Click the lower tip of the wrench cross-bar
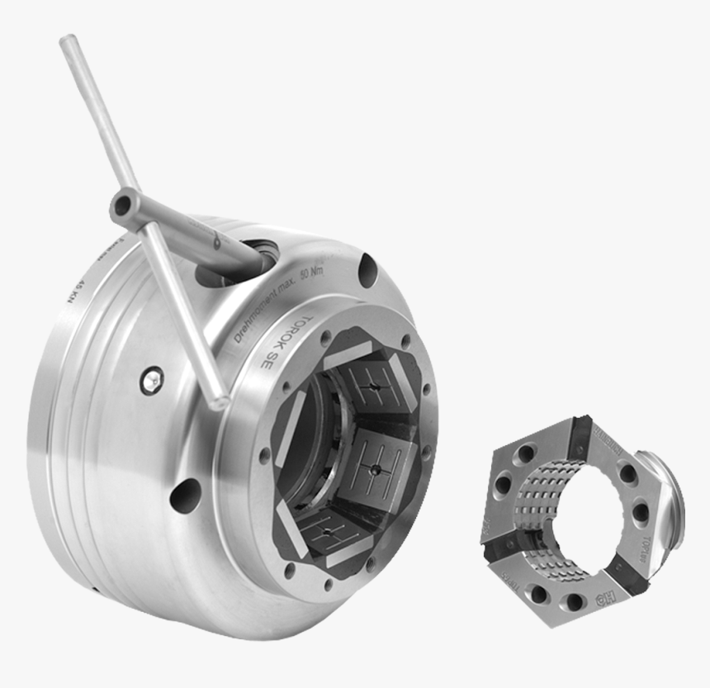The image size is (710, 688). coord(220,402)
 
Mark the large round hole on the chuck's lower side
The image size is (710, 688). coord(184,495)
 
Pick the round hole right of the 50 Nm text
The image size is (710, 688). coord(367,268)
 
